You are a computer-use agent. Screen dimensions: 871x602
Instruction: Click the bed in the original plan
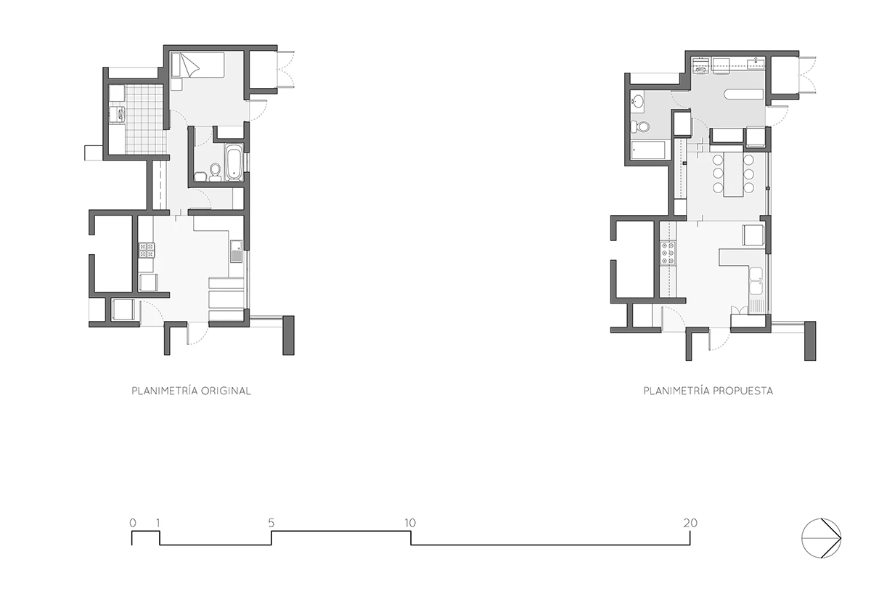point(198,65)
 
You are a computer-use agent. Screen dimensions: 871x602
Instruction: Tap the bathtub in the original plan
point(234,163)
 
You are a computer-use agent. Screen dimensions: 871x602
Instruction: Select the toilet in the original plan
point(215,172)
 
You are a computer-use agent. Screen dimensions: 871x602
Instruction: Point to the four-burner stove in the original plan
point(147,251)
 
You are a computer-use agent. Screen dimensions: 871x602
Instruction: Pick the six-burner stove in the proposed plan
point(668,253)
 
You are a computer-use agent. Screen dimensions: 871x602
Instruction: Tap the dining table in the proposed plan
point(733,175)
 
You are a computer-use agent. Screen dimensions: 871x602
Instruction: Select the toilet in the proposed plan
point(640,126)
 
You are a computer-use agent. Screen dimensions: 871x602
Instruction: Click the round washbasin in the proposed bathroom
point(638,102)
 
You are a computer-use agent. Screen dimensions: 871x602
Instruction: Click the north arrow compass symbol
point(821,539)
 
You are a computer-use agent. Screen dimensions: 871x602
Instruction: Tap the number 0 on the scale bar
point(133,523)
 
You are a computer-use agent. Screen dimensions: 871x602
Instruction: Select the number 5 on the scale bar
point(271,523)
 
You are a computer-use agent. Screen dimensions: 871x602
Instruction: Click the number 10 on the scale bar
point(410,523)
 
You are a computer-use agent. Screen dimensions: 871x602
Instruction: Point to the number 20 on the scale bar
point(690,523)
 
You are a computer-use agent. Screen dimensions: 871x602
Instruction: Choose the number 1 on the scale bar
point(158,523)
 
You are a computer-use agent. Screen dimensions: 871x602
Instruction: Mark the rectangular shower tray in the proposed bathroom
point(648,150)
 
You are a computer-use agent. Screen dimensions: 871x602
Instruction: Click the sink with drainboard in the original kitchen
point(236,251)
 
